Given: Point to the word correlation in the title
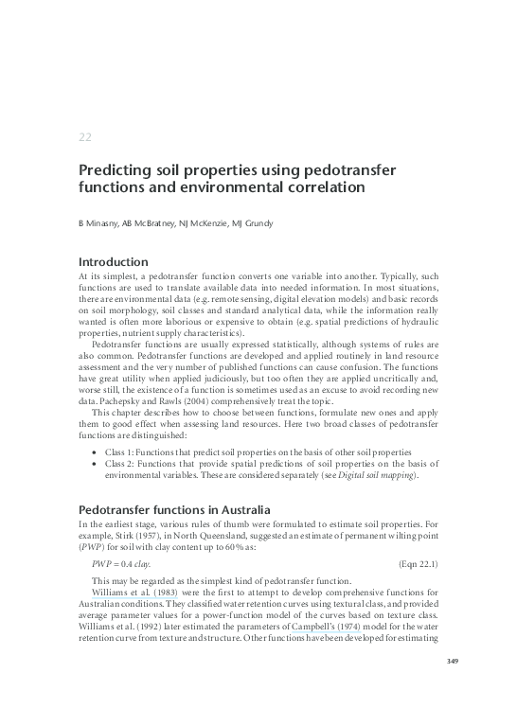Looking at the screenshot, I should coord(317,187).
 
